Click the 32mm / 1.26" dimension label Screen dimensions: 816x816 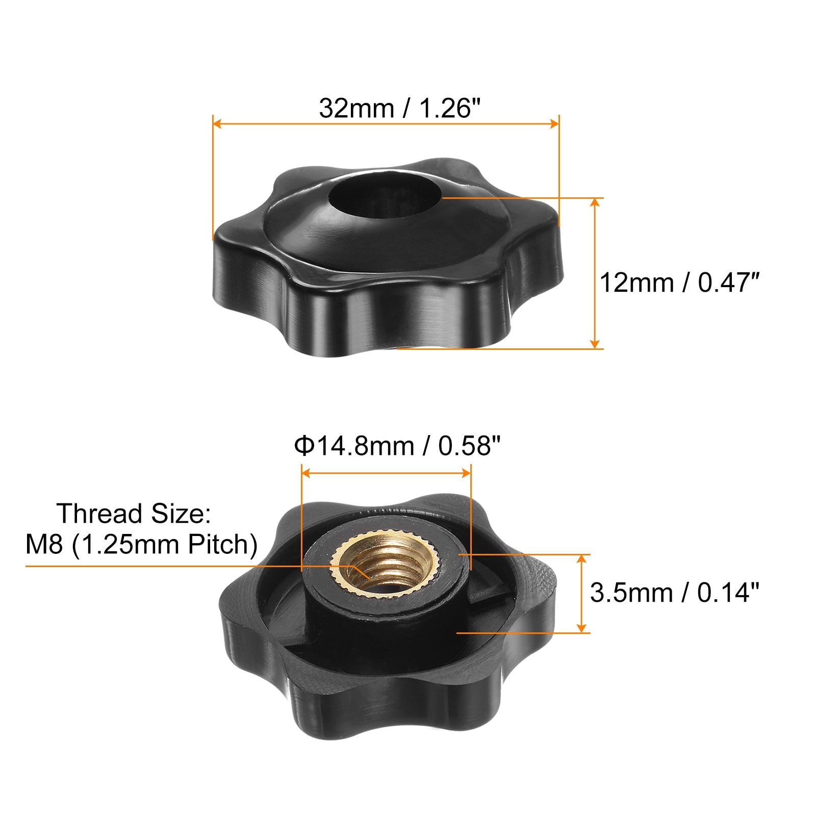[x=400, y=108]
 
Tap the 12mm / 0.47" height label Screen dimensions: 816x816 [x=679, y=283]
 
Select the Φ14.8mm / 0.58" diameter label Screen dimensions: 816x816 [x=397, y=446]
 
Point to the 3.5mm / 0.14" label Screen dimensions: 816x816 [x=674, y=593]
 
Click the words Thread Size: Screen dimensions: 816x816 [x=134, y=514]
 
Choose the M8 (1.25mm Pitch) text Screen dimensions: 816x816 [x=142, y=545]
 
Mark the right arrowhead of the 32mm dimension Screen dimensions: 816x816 [x=553, y=123]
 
